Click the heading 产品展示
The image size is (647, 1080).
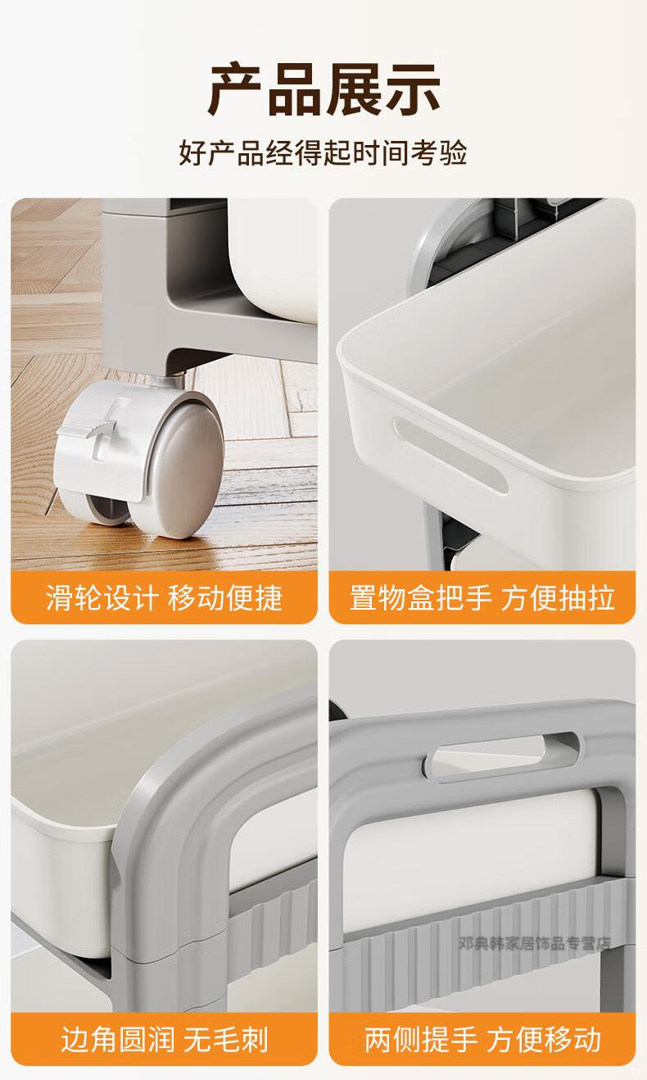tap(323, 89)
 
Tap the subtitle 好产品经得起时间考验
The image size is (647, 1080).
tap(323, 153)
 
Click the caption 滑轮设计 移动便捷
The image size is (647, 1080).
tap(164, 598)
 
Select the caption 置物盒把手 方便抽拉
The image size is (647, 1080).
tap(482, 598)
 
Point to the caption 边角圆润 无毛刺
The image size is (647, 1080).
tap(165, 1039)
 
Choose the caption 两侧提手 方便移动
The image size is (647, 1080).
tap(482, 1039)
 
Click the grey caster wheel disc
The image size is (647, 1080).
tap(188, 465)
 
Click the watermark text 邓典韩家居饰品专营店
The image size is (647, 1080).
tap(535, 943)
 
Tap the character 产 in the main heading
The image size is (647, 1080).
tap(235, 89)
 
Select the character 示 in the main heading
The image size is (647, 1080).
tap(413, 89)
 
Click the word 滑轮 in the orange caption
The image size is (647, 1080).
tap(75, 598)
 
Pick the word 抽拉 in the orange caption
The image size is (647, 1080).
tap(586, 598)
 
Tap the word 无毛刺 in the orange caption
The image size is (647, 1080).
tap(226, 1039)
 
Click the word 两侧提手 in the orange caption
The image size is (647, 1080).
tap(421, 1039)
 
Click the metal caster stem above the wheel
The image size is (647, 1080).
tap(177, 379)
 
